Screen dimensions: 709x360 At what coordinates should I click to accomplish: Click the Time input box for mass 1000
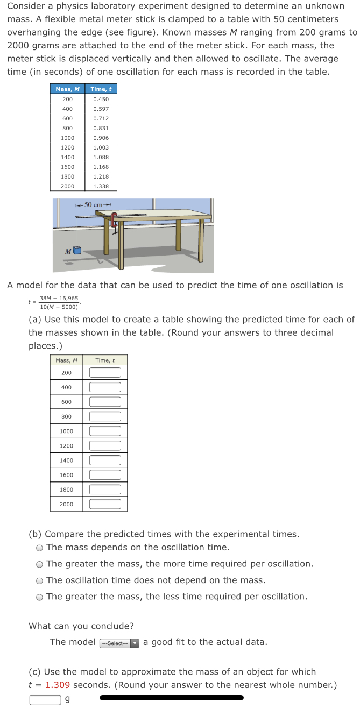click(x=105, y=431)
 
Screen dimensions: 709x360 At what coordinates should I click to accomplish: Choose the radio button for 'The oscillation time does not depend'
click(x=40, y=581)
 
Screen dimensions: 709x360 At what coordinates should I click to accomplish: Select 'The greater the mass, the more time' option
click(x=40, y=564)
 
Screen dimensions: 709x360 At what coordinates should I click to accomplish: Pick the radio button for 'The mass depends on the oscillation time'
click(x=40, y=548)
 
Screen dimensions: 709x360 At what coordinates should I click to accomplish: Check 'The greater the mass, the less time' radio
click(x=40, y=597)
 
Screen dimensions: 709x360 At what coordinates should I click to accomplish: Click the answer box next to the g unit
click(x=45, y=699)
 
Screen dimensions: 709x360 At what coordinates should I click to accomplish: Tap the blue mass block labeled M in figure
click(x=77, y=250)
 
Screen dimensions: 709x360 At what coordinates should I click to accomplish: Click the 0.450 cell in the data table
click(x=101, y=99)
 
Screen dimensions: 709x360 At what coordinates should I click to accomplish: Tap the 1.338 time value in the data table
click(x=101, y=186)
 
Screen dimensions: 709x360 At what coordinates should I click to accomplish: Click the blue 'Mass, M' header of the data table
click(x=67, y=89)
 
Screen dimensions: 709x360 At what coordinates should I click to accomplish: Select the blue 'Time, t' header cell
click(x=101, y=89)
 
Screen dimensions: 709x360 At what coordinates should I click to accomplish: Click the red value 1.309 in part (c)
click(x=58, y=685)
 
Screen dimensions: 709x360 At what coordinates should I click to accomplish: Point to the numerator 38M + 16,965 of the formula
click(x=59, y=298)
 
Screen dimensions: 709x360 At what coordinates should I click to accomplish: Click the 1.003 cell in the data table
click(x=101, y=147)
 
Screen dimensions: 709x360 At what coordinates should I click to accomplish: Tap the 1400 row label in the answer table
click(x=67, y=460)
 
